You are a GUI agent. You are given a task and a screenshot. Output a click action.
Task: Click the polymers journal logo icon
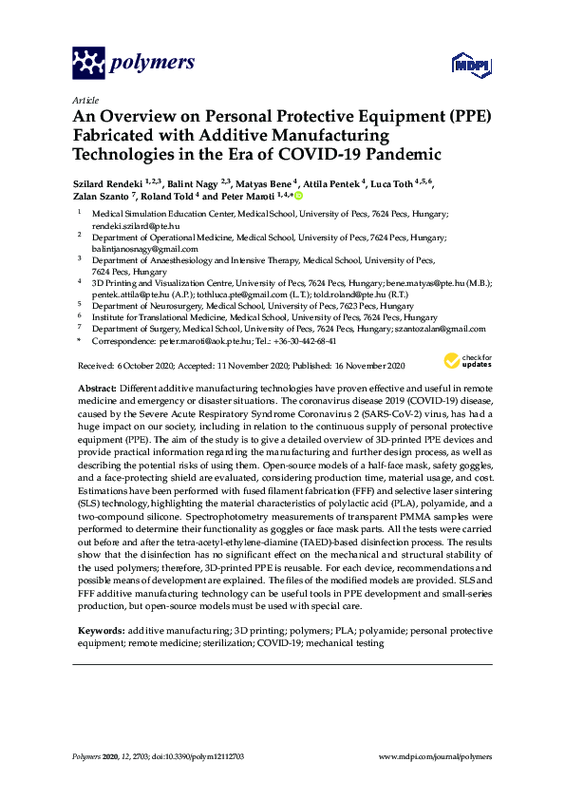89,64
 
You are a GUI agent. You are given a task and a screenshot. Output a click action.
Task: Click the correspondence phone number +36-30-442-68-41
302,340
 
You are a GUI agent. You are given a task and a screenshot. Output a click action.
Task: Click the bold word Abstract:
94,389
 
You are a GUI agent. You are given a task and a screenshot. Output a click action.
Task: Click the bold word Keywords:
100,631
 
